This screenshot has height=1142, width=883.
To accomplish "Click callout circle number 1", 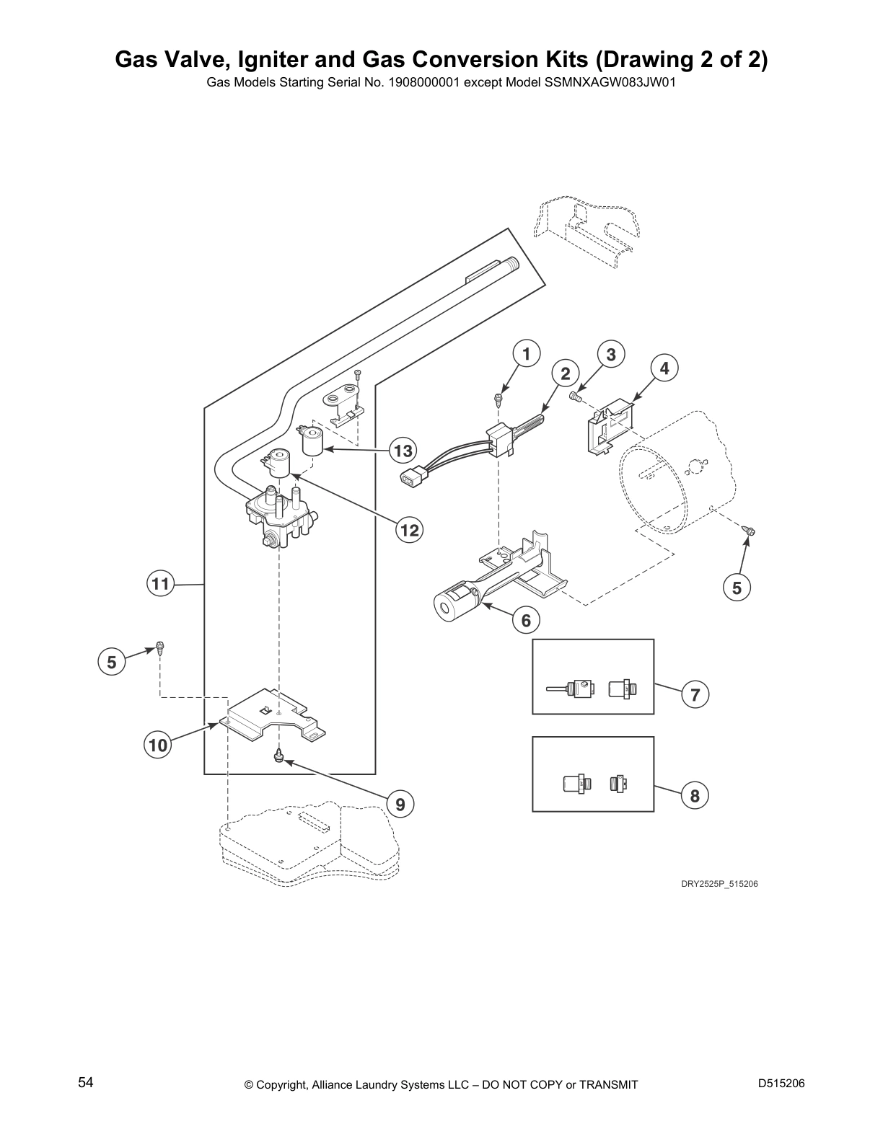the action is [x=527, y=354].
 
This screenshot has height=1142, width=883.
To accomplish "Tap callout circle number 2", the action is [x=566, y=373].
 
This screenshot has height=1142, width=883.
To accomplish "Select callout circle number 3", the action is [x=610, y=355].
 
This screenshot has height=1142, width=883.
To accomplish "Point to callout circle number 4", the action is [x=664, y=368].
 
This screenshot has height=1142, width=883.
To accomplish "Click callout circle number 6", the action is [x=526, y=621].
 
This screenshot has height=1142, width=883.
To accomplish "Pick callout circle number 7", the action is [x=695, y=695].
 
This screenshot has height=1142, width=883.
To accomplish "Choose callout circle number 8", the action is [x=695, y=796].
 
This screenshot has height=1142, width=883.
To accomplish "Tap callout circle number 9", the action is [x=400, y=804].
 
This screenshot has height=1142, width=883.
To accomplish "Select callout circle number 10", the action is [x=158, y=745].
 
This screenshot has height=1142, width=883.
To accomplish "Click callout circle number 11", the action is [x=160, y=584].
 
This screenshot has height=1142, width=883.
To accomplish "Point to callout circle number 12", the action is [x=410, y=530].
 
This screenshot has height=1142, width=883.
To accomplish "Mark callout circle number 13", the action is [x=403, y=451].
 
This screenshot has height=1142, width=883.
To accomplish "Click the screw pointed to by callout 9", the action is [x=278, y=757].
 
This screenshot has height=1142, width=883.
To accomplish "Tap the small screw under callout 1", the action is [x=498, y=400].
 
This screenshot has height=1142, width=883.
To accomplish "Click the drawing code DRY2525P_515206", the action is [x=719, y=884].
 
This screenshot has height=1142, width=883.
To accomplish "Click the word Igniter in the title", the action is [x=273, y=60].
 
